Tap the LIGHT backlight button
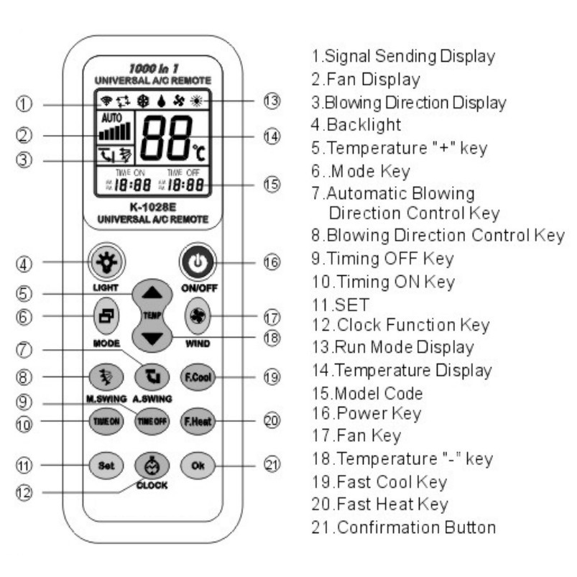(x=107, y=262)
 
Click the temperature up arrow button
(x=152, y=294)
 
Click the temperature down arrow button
(x=152, y=338)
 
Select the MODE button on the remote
(x=106, y=316)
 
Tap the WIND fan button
(x=198, y=316)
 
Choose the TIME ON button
(x=106, y=421)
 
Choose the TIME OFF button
(x=152, y=421)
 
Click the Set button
(x=106, y=466)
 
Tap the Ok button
(x=198, y=466)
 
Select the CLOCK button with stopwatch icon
(x=152, y=466)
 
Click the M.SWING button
(x=106, y=377)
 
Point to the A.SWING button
(x=152, y=377)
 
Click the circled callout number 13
(x=272, y=101)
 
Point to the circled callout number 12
(x=24, y=492)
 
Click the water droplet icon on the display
(x=161, y=101)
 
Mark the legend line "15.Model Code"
(x=367, y=393)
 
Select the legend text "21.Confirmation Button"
(x=404, y=527)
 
